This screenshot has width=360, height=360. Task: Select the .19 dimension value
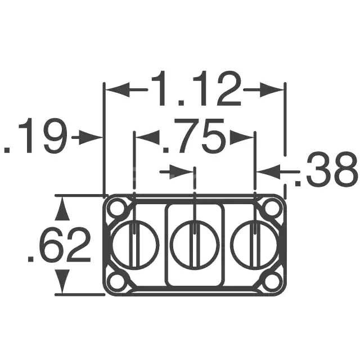click(x=35, y=137)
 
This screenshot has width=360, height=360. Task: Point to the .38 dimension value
click(x=326, y=170)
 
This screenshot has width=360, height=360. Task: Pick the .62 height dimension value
click(x=59, y=246)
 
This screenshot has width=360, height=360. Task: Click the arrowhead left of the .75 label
click(x=147, y=137)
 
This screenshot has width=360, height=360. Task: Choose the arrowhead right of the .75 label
click(x=242, y=137)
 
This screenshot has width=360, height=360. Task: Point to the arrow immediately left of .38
click(x=269, y=170)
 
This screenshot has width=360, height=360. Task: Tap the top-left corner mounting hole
click(x=118, y=209)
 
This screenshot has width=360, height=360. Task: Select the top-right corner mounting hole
click(x=272, y=209)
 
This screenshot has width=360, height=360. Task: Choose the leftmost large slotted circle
click(x=135, y=245)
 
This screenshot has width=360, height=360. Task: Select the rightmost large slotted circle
click(x=254, y=245)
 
